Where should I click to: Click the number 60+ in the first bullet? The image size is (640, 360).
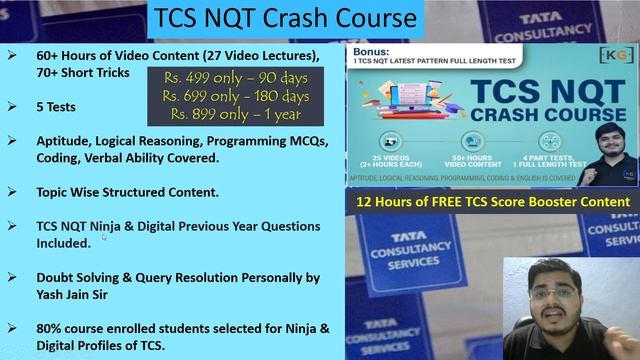coord(49,55)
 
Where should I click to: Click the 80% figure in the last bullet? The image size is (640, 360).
coord(50,327)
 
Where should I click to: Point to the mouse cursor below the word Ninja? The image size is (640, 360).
coord(103,237)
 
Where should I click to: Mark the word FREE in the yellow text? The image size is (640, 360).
coord(458,202)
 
